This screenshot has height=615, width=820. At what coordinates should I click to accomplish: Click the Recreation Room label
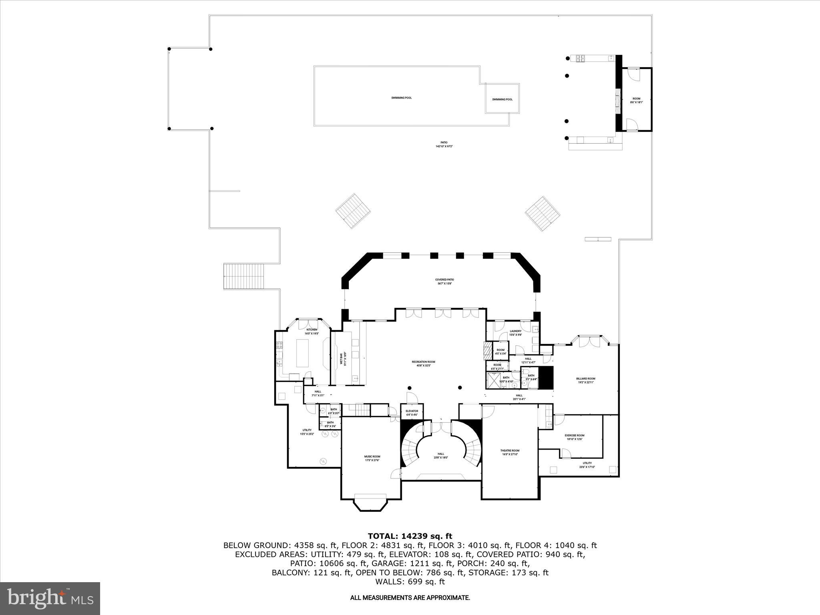(423, 364)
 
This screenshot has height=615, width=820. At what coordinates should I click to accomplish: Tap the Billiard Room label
(586, 380)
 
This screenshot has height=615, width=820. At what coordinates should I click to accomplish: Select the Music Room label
(372, 458)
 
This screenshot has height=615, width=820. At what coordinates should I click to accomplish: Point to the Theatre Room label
(510, 452)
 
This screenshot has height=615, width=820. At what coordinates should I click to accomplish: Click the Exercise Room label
(575, 437)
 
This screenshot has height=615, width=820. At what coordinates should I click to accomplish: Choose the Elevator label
(412, 412)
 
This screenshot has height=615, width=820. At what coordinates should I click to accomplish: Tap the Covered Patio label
(444, 281)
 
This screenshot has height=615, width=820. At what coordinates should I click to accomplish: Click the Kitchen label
(312, 331)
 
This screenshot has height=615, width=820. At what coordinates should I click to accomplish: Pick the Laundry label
(515, 333)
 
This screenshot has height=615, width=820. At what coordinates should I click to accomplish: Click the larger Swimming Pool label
(401, 98)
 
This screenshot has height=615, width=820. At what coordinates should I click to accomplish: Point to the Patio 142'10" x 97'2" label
(444, 144)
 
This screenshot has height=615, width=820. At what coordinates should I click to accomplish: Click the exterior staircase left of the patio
(244, 276)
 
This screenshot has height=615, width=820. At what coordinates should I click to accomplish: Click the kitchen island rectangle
(302, 353)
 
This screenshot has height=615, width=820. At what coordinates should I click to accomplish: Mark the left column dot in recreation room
(409, 388)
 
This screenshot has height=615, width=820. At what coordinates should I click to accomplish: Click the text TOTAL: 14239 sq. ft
(410, 536)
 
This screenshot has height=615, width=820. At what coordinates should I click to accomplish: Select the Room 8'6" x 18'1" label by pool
(636, 100)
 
